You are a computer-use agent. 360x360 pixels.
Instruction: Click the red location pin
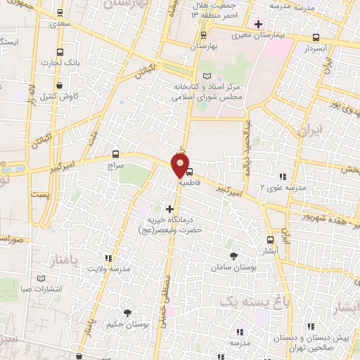(x=181, y=165)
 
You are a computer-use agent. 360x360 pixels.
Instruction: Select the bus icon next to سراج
(x=115, y=154)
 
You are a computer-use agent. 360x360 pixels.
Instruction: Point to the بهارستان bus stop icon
(x=203, y=34)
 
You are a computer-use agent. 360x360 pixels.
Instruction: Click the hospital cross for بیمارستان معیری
(x=259, y=23)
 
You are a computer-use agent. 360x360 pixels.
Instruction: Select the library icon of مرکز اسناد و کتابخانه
(x=205, y=75)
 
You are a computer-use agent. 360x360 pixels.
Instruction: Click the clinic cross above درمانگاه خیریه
(x=169, y=208)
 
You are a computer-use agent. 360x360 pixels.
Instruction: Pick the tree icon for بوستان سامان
(x=233, y=256)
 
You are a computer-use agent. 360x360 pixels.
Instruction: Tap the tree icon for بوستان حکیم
(x=127, y=313)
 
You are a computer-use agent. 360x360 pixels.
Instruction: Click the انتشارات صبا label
(x=42, y=288)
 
